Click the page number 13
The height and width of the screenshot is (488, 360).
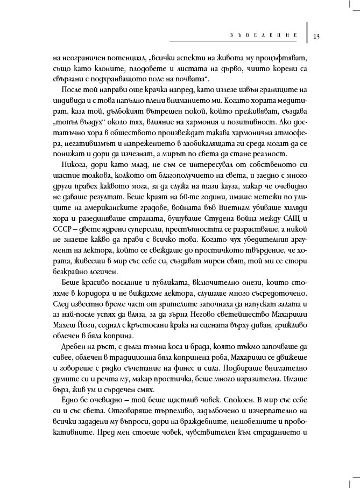(316, 37)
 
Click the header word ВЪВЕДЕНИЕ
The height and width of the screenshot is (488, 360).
(259, 37)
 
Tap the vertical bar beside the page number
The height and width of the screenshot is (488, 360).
(307, 32)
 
